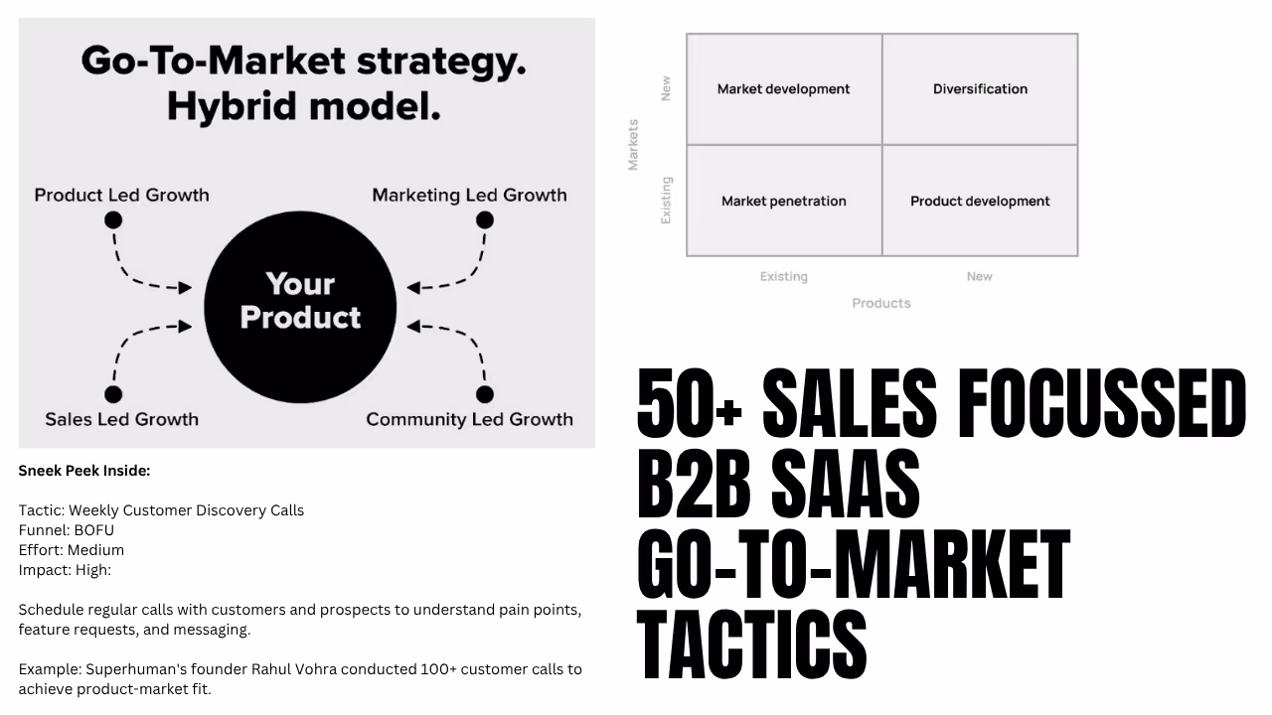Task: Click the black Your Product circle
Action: tap(300, 301)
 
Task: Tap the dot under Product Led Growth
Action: tap(115, 220)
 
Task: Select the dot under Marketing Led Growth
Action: tap(485, 220)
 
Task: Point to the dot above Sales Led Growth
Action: tap(113, 394)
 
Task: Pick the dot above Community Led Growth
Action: tap(485, 394)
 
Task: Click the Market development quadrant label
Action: tap(783, 89)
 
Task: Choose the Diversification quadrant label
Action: tap(980, 89)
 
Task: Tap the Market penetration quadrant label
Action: tap(783, 201)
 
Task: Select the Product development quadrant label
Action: tap(980, 201)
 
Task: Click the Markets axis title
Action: tap(633, 145)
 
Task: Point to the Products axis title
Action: tap(880, 303)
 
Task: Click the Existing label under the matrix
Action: tap(783, 276)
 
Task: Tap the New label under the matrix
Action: tap(979, 276)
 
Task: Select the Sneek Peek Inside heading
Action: tap(84, 471)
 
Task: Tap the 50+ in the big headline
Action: tap(690, 405)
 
